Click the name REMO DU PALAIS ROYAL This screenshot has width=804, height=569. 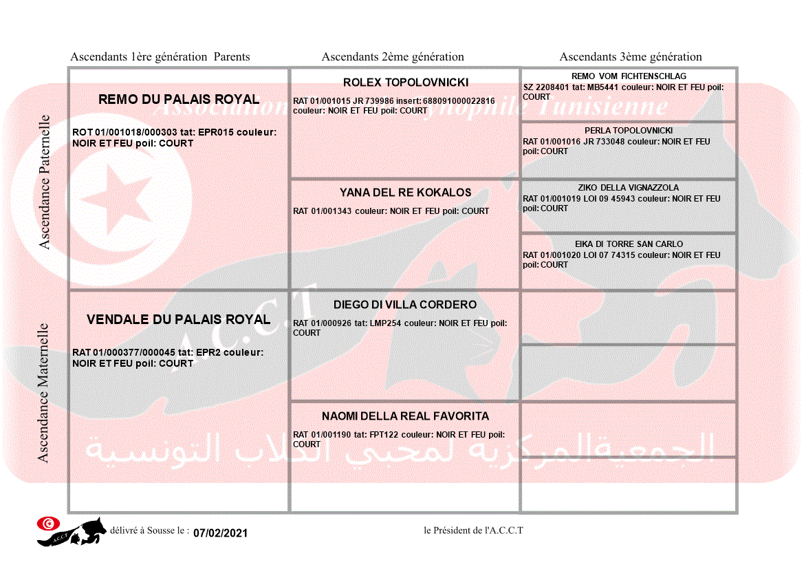[x=179, y=99]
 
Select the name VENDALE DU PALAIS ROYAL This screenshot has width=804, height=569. [x=179, y=319]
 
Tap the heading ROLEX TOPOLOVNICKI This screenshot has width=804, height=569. [x=406, y=83]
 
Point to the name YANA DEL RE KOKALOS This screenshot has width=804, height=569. [x=406, y=193]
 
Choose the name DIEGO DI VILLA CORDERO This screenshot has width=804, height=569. [x=405, y=305]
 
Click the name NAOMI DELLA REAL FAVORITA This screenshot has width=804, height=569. [x=406, y=416]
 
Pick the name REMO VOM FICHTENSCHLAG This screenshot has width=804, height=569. [x=629, y=76]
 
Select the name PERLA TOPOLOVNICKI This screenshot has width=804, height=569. [x=629, y=131]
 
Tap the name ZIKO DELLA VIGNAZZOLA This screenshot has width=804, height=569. [x=629, y=188]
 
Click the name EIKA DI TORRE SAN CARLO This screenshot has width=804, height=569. [x=629, y=244]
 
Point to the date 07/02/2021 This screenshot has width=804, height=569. [x=220, y=533]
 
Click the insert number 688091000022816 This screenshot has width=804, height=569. [x=459, y=101]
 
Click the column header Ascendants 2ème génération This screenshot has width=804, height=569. [x=393, y=57]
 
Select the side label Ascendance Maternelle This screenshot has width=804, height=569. [x=43, y=392]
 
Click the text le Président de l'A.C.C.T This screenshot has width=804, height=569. [x=474, y=530]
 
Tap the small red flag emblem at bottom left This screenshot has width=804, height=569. [x=48, y=524]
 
